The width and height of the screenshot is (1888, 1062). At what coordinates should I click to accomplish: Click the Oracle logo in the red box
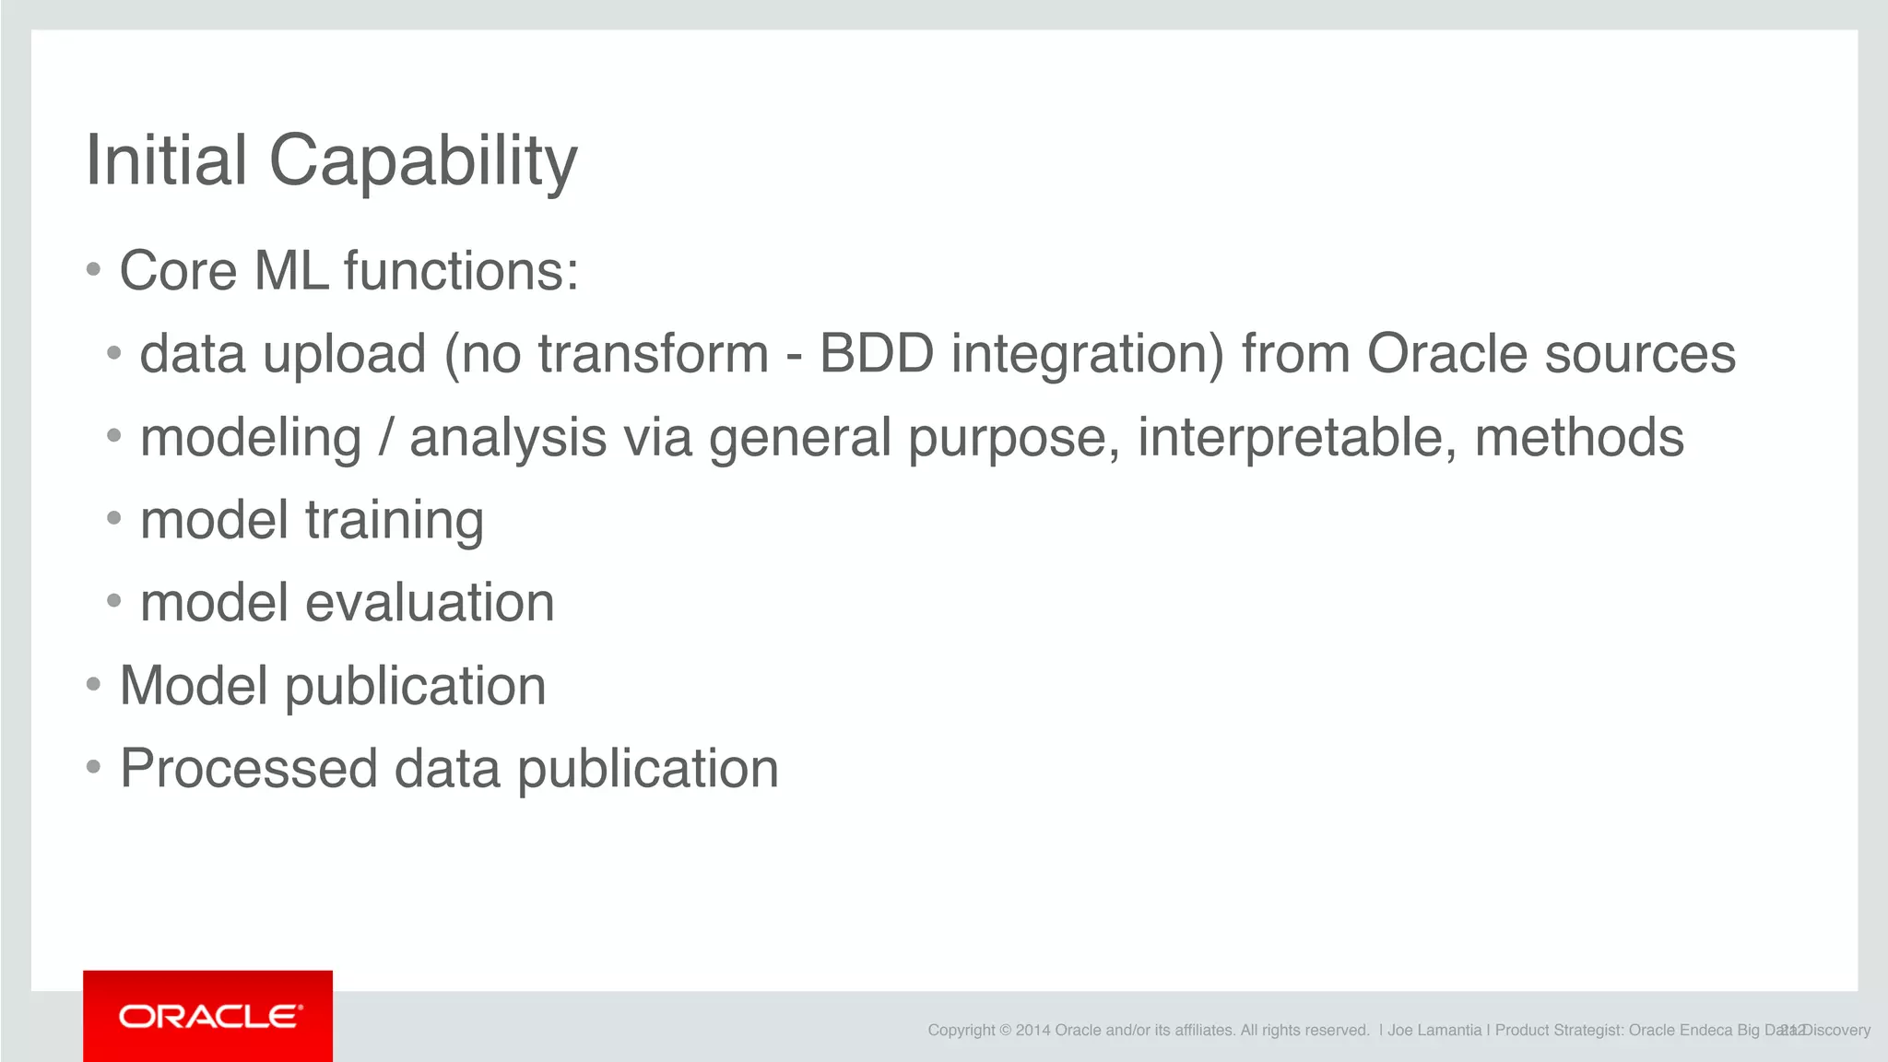[x=209, y=1016]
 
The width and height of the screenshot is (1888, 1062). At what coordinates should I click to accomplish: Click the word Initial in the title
[x=166, y=161]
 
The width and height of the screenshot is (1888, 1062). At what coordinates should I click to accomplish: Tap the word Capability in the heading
[x=422, y=161]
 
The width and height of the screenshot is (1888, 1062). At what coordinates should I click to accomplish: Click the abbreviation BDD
[x=876, y=354]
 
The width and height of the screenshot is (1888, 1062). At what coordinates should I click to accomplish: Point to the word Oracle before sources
[x=1447, y=354]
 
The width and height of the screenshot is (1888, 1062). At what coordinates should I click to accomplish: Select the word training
[x=395, y=521]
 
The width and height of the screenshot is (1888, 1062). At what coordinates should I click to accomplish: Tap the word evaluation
[x=430, y=603]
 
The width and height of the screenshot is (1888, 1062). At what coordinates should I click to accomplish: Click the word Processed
[x=249, y=769]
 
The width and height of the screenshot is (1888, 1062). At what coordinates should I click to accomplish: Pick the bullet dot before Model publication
[x=93, y=685]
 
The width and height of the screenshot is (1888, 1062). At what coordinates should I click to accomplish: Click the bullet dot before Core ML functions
[x=93, y=270]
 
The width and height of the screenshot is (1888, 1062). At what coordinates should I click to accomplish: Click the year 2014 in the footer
[x=1032, y=1031]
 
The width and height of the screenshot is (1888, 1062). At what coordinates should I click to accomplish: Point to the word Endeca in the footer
[x=1705, y=1031]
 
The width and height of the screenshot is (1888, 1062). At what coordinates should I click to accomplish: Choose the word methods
[x=1579, y=438]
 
